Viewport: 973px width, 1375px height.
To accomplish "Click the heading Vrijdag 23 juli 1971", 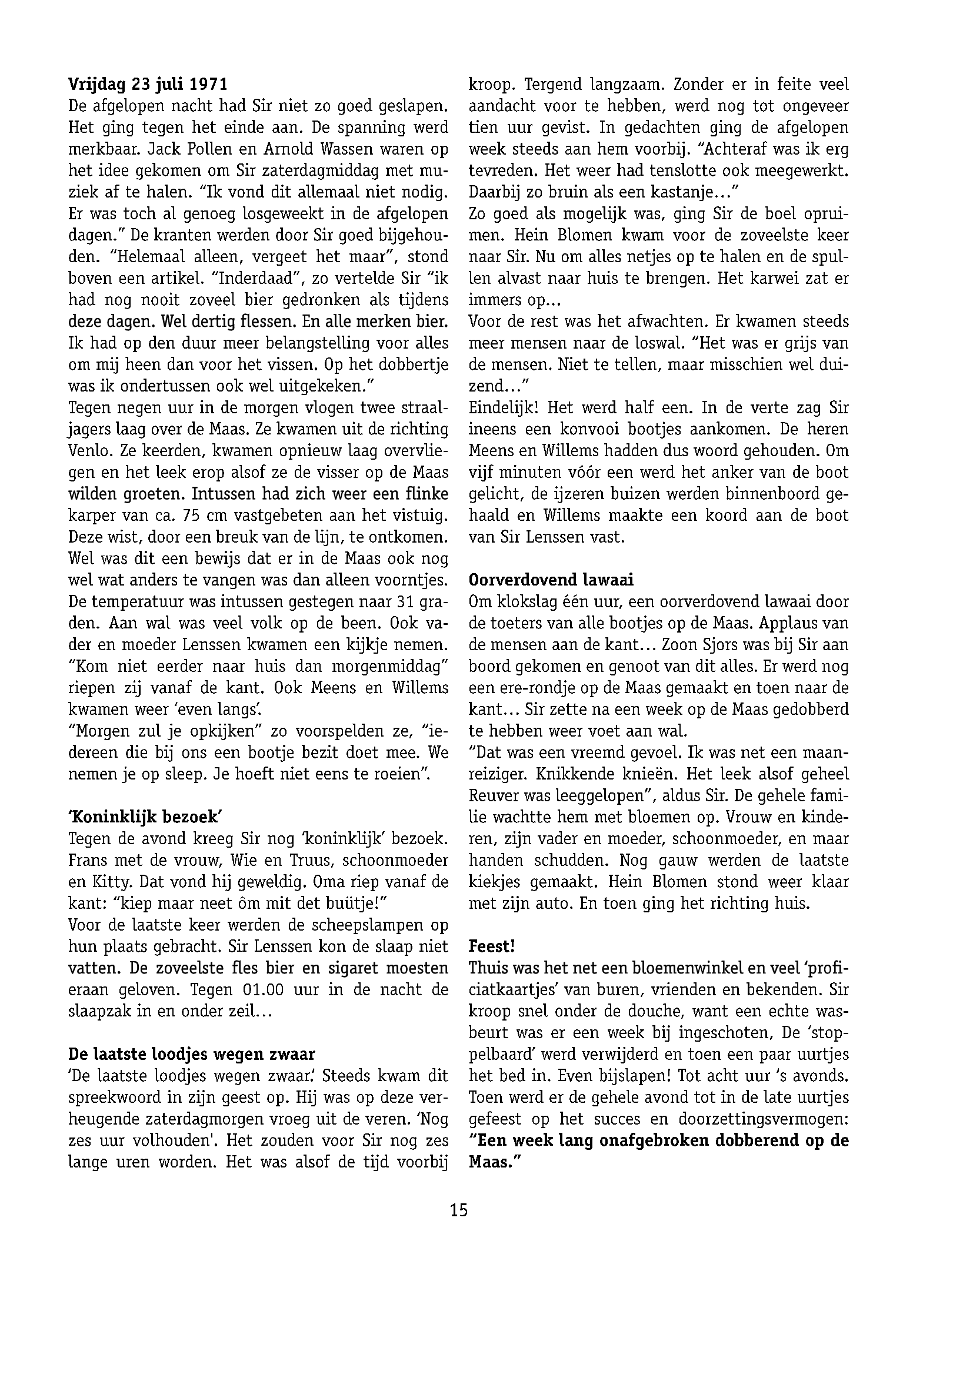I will [148, 85].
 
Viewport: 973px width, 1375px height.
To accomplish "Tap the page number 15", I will [459, 1210].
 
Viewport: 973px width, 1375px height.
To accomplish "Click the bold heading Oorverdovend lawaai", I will [551, 580].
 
